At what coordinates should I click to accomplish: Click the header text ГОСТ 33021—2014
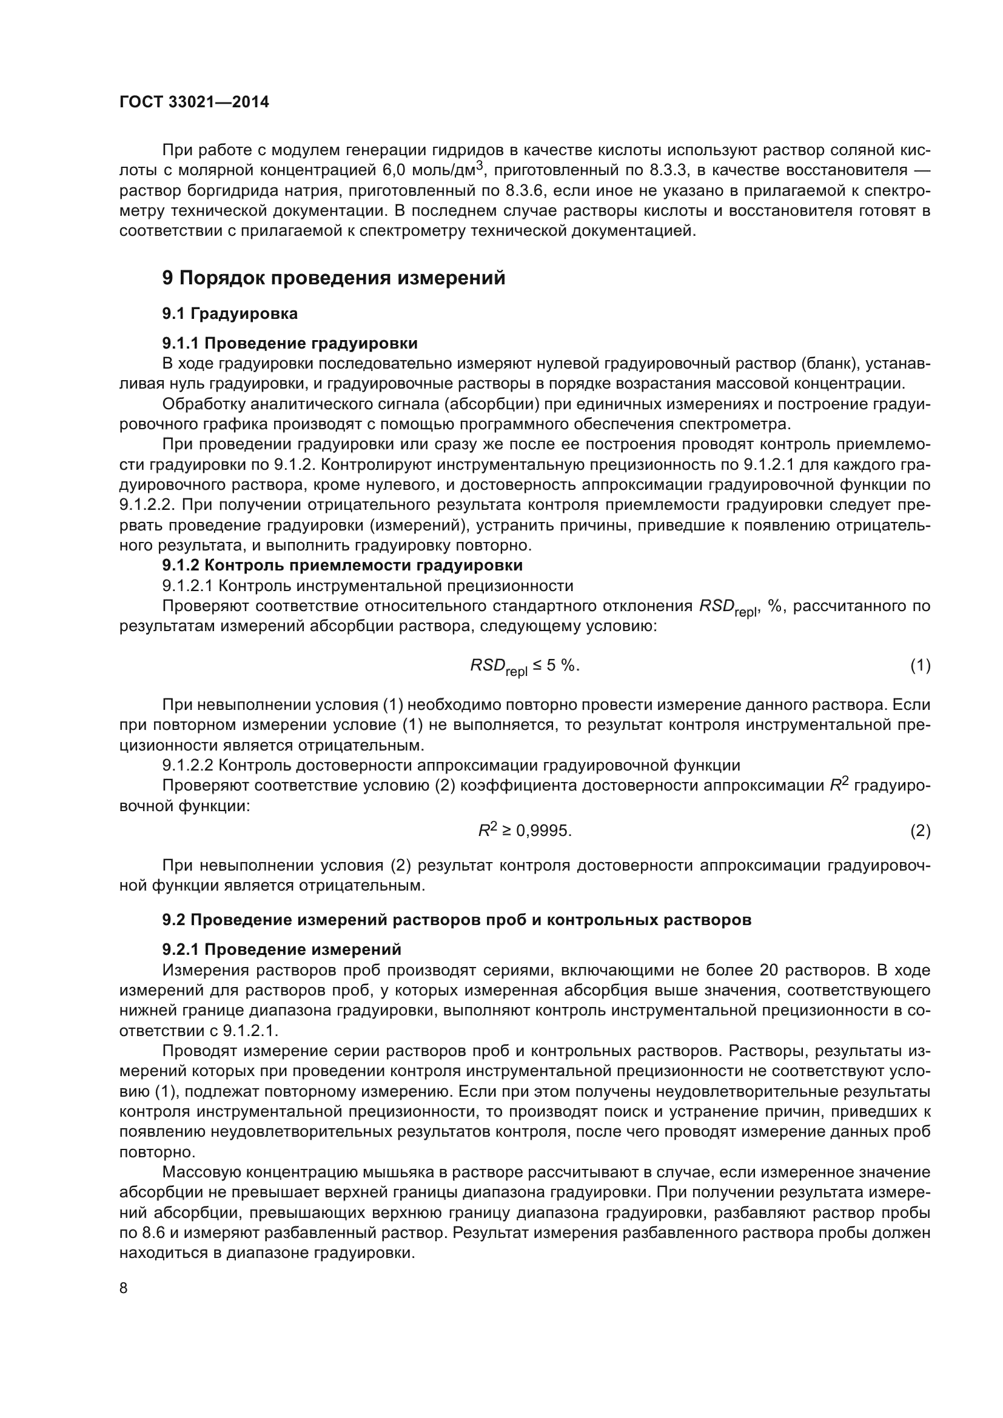(x=194, y=102)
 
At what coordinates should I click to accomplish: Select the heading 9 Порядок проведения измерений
(x=334, y=278)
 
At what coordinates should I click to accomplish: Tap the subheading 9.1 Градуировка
(x=230, y=314)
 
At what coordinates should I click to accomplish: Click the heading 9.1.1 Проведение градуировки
(x=290, y=343)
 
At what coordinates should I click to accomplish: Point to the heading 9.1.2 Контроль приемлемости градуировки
(x=342, y=565)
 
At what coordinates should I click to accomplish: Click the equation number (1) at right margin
(x=920, y=665)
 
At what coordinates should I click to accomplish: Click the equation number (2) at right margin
(x=920, y=831)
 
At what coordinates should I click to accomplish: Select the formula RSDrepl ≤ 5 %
(x=525, y=666)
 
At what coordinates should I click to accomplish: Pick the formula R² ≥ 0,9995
(x=525, y=831)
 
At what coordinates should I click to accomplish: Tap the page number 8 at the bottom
(x=124, y=1288)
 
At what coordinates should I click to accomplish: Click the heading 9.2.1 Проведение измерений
(x=281, y=949)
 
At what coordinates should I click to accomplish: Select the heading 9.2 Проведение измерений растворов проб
(x=457, y=920)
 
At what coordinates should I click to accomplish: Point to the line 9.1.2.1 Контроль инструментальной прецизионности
(x=367, y=586)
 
